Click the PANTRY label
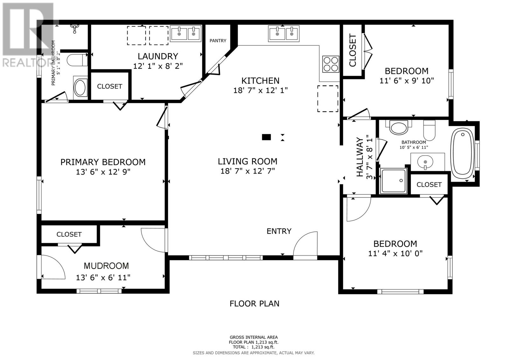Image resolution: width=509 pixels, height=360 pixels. point(218,41)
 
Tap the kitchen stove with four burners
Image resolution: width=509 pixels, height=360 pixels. point(331,64)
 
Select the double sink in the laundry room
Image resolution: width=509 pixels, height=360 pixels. point(186,33)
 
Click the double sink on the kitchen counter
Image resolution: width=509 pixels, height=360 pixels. point(283,33)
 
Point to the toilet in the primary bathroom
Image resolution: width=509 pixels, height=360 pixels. point(77,60)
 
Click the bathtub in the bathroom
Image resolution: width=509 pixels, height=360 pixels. point(462,153)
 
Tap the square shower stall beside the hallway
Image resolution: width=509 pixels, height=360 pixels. point(393,181)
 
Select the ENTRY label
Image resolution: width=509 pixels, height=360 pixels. point(279,231)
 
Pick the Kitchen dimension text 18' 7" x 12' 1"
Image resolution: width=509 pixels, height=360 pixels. point(261,90)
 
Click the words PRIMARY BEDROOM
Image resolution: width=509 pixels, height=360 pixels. point(103,162)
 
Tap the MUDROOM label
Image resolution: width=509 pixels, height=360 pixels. point(106,266)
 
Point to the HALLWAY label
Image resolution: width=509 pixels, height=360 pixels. point(360,157)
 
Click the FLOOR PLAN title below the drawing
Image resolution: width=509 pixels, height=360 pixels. point(254,304)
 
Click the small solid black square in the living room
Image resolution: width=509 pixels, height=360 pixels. point(266,137)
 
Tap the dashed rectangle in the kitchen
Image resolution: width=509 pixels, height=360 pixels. point(328,99)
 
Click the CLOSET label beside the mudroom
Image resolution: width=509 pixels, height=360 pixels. point(69,235)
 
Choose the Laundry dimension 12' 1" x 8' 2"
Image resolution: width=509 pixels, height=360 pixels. point(158,66)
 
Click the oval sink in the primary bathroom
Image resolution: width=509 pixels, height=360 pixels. point(80,87)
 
